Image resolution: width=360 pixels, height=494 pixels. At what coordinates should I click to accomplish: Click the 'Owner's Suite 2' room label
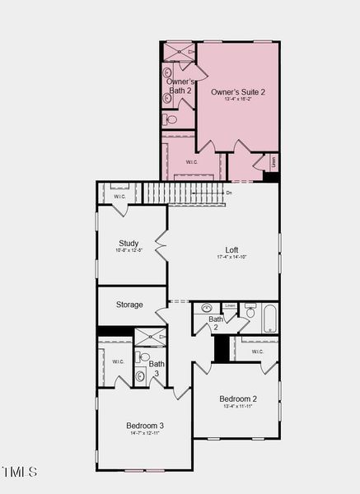tap(238, 91)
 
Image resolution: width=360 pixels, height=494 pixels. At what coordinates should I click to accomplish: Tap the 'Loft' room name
tap(232, 249)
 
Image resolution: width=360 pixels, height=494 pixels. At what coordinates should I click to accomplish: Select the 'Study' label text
tap(129, 243)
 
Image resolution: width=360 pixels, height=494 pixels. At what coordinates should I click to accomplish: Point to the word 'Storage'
tap(129, 305)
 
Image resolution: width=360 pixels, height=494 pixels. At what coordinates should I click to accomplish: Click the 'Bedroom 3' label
tap(145, 425)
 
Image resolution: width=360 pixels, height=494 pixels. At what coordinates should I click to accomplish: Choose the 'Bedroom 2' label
tap(238, 398)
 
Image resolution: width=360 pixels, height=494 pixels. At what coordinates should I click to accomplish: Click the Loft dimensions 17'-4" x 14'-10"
tap(232, 258)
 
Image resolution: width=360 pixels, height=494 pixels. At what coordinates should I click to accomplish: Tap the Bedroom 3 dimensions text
tap(145, 433)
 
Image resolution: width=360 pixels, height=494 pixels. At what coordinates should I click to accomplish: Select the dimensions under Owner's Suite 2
tap(238, 100)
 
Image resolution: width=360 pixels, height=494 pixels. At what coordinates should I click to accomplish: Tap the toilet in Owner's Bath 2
tap(170, 119)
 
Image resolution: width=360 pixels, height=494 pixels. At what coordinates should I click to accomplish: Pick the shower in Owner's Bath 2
tap(177, 50)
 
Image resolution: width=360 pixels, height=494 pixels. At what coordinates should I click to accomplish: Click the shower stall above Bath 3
tap(150, 336)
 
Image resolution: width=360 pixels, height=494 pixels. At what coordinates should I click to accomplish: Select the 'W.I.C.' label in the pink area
tap(191, 162)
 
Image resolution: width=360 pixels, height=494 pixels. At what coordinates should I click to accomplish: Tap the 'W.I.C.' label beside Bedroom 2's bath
tap(257, 352)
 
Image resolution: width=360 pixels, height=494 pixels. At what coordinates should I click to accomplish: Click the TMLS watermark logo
tap(19, 472)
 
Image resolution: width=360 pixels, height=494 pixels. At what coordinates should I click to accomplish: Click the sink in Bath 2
tap(206, 309)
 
